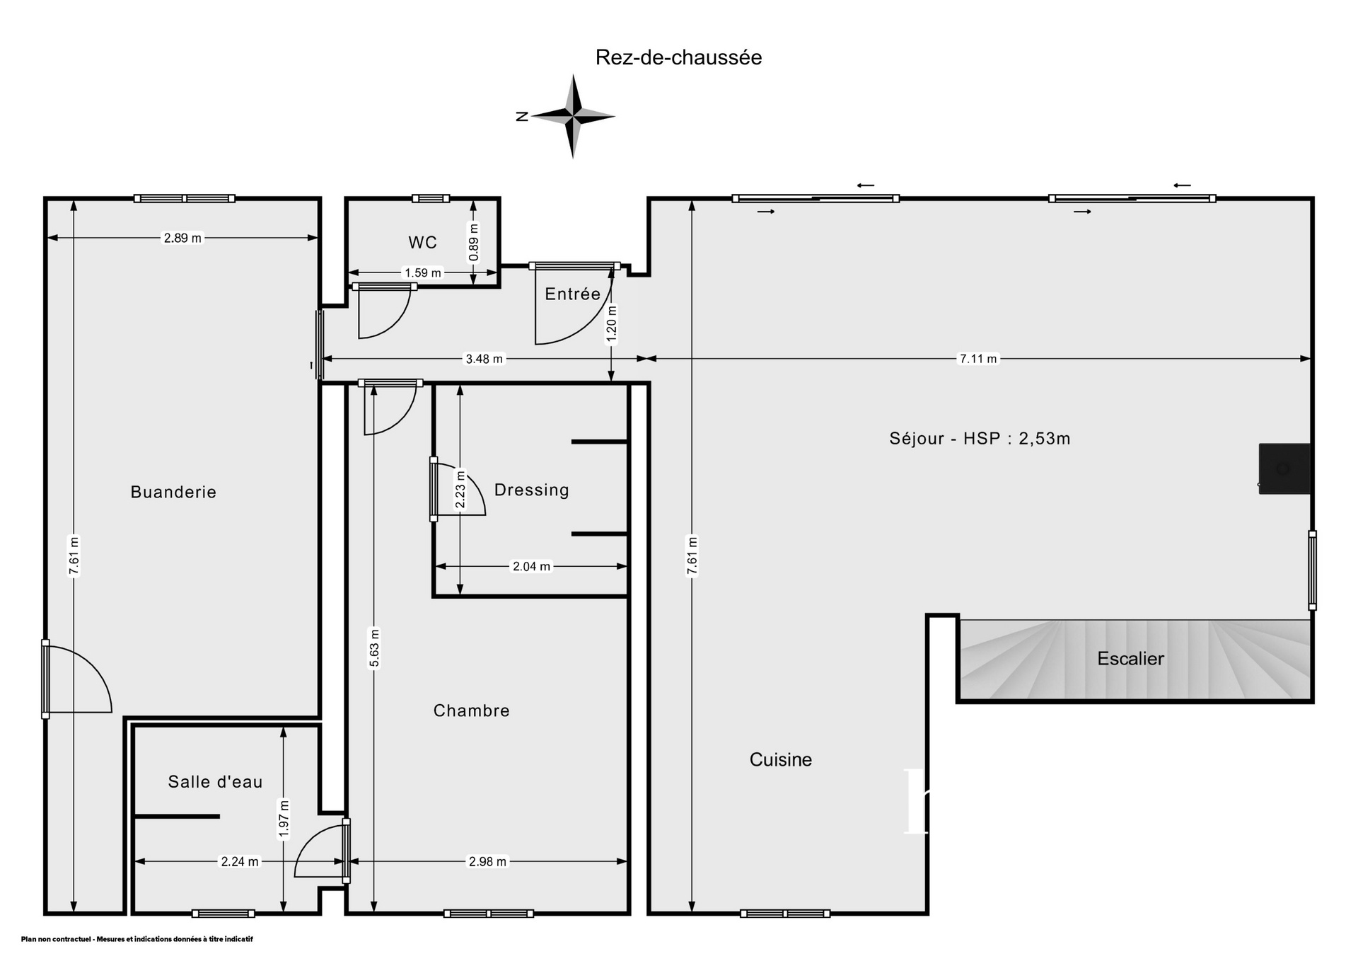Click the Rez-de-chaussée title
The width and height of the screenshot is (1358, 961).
point(678,57)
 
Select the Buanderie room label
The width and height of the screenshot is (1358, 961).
point(173,492)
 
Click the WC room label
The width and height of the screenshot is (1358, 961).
point(422,242)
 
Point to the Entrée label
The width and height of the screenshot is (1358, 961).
point(572,294)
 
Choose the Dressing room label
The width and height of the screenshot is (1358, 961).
point(531,490)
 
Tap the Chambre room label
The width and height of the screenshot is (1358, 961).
point(471,710)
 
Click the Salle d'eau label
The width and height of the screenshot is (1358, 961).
point(215,781)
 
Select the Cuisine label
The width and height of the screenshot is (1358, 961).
point(781,759)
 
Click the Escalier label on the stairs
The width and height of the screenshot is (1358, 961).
point(1130,659)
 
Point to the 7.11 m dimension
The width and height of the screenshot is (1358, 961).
point(977,359)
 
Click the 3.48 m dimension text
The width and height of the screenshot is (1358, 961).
point(484,359)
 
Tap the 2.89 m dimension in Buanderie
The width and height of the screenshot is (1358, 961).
point(182,238)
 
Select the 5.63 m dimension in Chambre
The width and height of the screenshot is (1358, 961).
point(374,648)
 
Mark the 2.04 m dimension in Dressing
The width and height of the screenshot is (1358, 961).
point(531,566)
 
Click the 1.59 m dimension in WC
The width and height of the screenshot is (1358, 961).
point(422,272)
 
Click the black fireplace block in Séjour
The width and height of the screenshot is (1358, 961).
point(1284,468)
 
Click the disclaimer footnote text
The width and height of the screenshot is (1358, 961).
point(137,939)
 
